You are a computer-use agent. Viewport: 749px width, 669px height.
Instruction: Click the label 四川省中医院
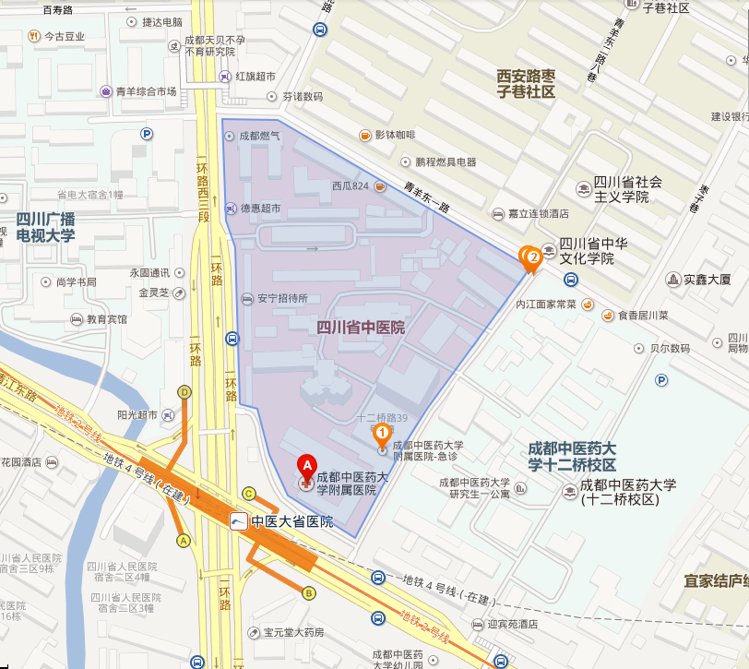[361, 328]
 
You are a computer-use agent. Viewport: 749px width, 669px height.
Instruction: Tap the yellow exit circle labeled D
[184, 392]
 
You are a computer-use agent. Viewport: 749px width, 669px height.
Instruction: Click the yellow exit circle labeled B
[309, 592]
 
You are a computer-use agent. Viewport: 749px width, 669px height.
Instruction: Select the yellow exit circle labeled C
[248, 493]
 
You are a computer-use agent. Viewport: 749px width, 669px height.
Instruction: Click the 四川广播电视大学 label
[46, 227]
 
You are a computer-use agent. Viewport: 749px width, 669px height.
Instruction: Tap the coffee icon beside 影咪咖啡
[365, 136]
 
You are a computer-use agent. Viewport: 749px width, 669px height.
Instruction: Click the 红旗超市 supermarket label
[256, 76]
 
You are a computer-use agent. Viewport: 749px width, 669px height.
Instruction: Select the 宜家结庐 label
[715, 581]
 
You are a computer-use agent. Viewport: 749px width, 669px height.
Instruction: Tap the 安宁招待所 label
[281, 298]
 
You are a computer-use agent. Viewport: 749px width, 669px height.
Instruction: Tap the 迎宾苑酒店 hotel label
[513, 624]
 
